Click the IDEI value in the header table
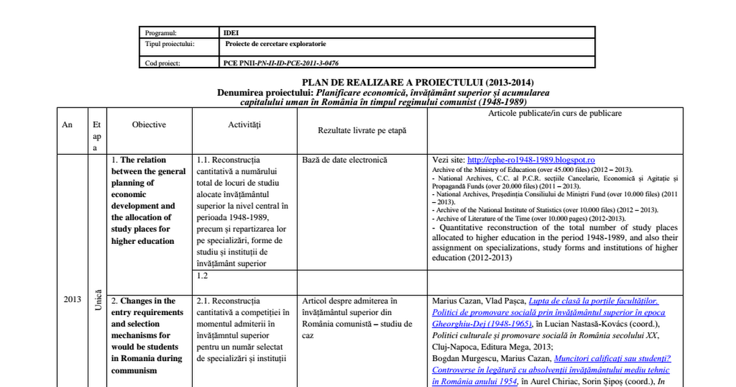(x=231, y=33)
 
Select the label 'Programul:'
(x=161, y=33)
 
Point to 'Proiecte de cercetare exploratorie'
(x=275, y=44)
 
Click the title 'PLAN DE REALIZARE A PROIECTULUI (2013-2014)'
(x=418, y=83)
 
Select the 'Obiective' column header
(x=149, y=125)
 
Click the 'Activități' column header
(x=244, y=125)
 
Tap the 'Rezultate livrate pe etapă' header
(x=362, y=130)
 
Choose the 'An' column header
(x=67, y=125)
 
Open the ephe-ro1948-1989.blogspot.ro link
(x=531, y=160)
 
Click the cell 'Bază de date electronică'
(x=345, y=160)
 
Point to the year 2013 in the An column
(x=72, y=299)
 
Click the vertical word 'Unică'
(x=98, y=299)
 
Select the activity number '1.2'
(x=202, y=276)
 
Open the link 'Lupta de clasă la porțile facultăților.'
(x=593, y=301)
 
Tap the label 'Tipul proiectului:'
(x=170, y=44)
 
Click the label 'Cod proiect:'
(x=163, y=63)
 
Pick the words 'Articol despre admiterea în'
(x=350, y=301)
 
